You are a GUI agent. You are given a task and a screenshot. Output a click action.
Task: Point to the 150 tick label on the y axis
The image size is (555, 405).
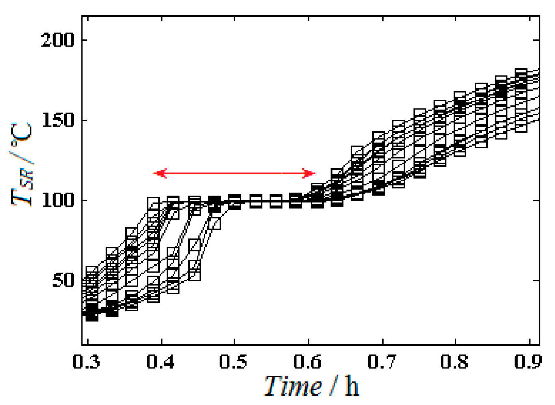click(x=58, y=120)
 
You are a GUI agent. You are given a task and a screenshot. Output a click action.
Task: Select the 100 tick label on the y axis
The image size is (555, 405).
click(x=58, y=200)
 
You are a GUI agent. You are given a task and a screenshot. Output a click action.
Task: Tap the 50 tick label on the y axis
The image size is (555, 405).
click(x=63, y=281)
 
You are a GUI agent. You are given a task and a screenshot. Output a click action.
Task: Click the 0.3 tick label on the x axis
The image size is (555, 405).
click(x=86, y=361)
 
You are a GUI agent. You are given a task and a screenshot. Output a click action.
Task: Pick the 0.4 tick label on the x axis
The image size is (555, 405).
click(x=161, y=361)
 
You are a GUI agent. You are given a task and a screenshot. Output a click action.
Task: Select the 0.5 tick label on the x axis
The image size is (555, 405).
click(x=233, y=361)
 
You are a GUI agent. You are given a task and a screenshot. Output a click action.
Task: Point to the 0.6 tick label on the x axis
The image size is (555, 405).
click(x=307, y=361)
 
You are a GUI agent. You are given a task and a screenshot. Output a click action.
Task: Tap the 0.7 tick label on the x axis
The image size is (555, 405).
click(x=382, y=361)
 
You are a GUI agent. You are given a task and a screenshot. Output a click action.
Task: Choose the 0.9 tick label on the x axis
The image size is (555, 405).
click(x=527, y=361)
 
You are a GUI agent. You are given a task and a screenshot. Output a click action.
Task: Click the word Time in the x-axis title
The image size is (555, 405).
click(x=293, y=386)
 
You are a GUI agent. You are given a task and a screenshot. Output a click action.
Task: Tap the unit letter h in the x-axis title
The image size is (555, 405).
click(x=352, y=386)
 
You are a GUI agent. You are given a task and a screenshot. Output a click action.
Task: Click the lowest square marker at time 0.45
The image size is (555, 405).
click(x=194, y=275)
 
